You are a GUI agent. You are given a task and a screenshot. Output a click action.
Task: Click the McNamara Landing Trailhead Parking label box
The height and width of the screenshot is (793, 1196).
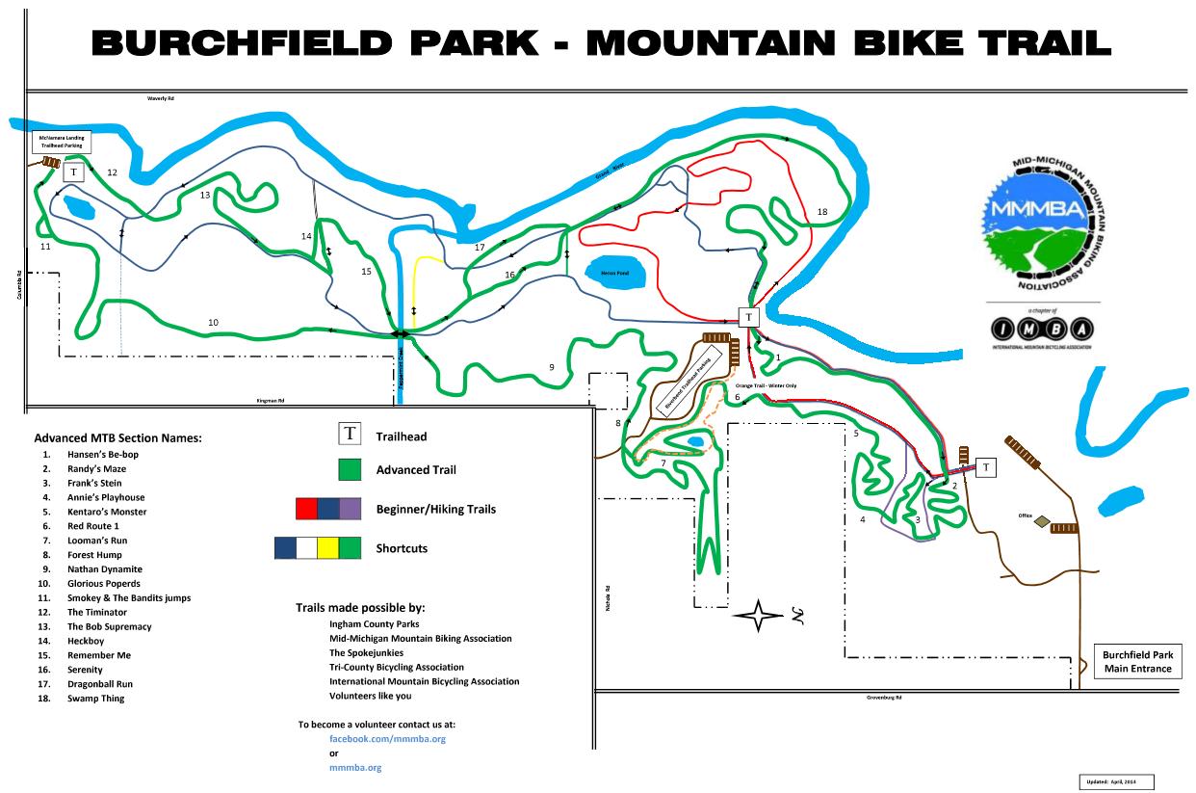tap(62, 142)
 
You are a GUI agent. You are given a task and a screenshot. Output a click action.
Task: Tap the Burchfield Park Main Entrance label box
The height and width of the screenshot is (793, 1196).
tap(1137, 662)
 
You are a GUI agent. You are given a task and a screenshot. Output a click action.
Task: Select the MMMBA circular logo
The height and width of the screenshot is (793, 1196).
tap(1045, 224)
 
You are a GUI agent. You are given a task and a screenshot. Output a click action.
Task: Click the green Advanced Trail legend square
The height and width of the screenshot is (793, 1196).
tap(351, 470)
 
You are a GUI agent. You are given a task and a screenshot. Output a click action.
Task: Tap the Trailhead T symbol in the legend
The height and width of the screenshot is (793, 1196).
tap(351, 435)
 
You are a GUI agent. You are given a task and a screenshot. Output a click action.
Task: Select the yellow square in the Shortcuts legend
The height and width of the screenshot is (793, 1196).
tap(327, 547)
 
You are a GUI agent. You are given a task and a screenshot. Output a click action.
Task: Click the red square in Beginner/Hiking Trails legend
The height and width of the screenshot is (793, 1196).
tap(306, 508)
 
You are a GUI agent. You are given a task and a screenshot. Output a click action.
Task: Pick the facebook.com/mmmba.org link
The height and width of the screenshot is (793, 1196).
tap(387, 738)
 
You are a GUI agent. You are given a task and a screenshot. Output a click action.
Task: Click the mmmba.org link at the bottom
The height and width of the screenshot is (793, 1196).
tap(355, 767)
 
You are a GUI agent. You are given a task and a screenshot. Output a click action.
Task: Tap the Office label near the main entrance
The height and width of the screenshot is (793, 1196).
tap(1025, 516)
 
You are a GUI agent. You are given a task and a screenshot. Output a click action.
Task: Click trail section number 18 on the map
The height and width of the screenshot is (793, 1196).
tap(821, 212)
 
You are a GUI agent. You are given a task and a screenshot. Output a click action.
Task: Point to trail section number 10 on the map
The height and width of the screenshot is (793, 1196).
tap(213, 322)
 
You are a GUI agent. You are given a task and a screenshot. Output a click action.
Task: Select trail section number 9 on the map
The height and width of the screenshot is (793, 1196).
tap(552, 367)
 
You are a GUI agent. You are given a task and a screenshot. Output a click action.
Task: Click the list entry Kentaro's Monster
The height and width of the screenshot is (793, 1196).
tap(107, 512)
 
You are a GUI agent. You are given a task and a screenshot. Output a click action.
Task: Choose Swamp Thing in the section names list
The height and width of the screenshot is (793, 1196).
tap(95, 699)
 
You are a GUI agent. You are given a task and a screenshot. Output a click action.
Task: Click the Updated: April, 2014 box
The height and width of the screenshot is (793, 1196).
tap(1116, 781)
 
